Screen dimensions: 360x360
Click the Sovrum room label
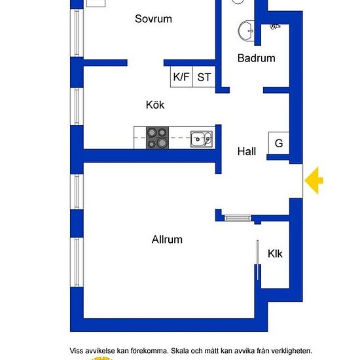[153, 19]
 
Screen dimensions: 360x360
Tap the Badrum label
[256, 58]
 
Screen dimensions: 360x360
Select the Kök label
[155, 105]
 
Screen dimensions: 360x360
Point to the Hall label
[247, 152]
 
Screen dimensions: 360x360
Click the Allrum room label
[167, 240]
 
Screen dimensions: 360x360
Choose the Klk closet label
[275, 254]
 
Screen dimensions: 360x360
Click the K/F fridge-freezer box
[181, 77]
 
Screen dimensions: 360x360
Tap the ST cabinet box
[204, 77]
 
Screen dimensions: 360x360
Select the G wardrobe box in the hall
[279, 143]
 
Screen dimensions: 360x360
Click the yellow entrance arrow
[314, 181]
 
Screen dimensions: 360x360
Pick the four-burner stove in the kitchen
[157, 137]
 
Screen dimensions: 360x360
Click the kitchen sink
[202, 139]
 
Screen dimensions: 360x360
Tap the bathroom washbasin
[246, 31]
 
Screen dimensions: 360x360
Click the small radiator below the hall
[238, 218]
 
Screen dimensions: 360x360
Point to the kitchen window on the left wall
[77, 107]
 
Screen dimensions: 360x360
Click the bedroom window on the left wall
[77, 33]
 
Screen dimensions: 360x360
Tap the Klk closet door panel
[258, 260]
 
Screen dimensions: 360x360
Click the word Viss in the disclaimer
[77, 351]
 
